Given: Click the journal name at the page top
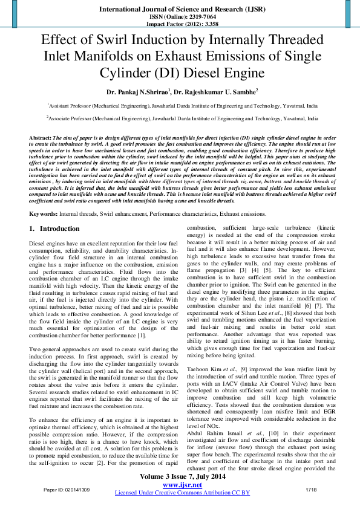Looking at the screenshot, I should (179, 10).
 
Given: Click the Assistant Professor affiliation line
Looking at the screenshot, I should (180, 104).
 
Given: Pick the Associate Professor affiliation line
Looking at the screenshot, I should (180, 120).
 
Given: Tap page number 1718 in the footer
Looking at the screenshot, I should (311, 488).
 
